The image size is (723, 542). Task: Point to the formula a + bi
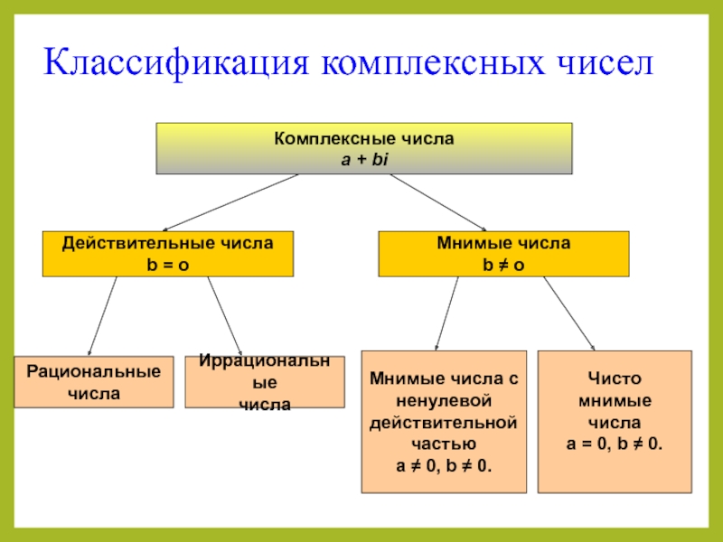pos(363,158)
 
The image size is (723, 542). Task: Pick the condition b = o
pos(168,263)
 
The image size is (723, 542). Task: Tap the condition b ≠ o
pos(503,263)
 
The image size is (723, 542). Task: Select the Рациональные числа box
pos(94,382)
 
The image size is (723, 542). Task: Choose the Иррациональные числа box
pos(264,382)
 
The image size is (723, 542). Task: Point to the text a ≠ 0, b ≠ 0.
pos(443,465)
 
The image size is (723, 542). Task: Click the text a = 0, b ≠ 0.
pos(615,444)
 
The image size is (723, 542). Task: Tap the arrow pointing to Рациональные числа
pos(102,316)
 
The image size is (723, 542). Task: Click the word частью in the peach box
pos(443,444)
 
